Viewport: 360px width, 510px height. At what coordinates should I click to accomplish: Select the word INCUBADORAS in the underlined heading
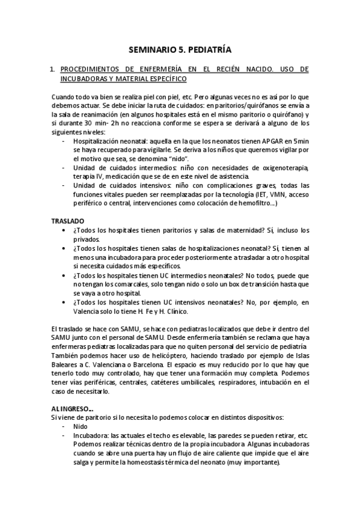click(x=86, y=79)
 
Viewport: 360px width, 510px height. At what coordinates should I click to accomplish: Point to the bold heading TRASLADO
click(x=68, y=221)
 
